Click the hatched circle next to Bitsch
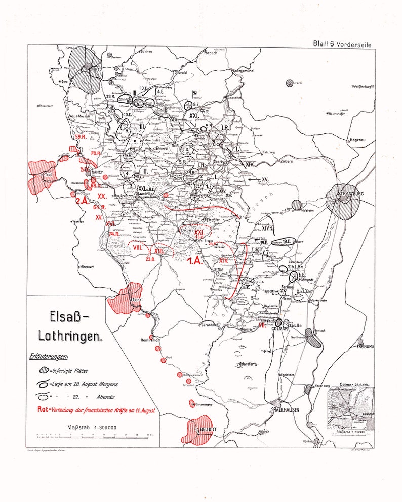(x=290, y=83)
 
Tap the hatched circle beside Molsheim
(x=296, y=205)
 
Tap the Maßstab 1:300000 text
(x=92, y=427)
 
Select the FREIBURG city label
(x=365, y=347)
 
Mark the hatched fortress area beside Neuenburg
(x=308, y=389)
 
